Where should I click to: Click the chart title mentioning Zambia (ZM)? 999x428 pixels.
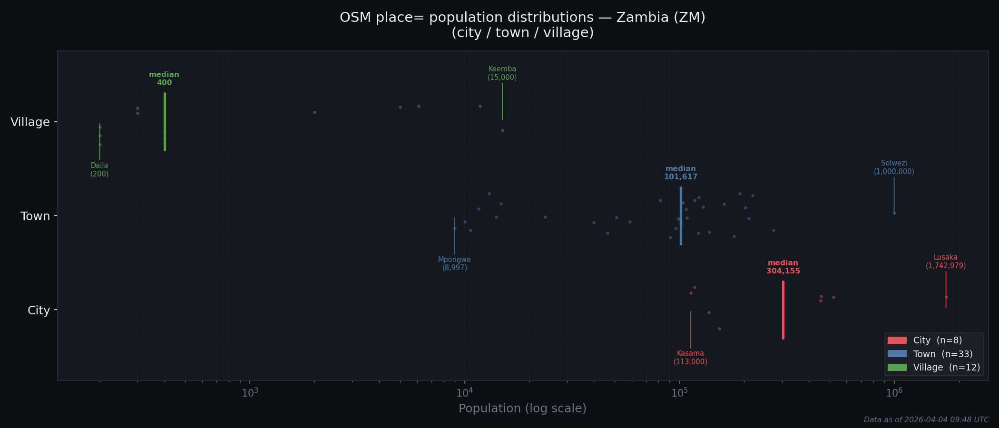coord(522,25)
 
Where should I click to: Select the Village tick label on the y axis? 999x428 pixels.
coord(30,122)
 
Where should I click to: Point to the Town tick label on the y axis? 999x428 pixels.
coord(35,216)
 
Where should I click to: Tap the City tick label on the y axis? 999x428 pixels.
coord(39,311)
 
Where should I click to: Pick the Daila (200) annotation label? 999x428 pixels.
coord(99,170)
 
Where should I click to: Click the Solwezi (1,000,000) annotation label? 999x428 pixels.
coord(894,167)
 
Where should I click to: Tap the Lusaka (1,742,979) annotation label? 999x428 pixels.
coord(945,262)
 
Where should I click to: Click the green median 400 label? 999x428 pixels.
coord(164,79)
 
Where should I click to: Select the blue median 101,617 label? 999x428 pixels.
coord(681,173)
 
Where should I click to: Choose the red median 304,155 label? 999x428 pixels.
coord(783,267)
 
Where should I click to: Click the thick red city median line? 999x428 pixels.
coord(783,310)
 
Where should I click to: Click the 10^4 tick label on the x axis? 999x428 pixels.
coord(465,393)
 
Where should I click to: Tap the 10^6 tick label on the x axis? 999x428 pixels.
coord(894,393)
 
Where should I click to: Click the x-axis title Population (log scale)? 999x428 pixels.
coord(522,409)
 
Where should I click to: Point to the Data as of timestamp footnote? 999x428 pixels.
coord(926,420)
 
